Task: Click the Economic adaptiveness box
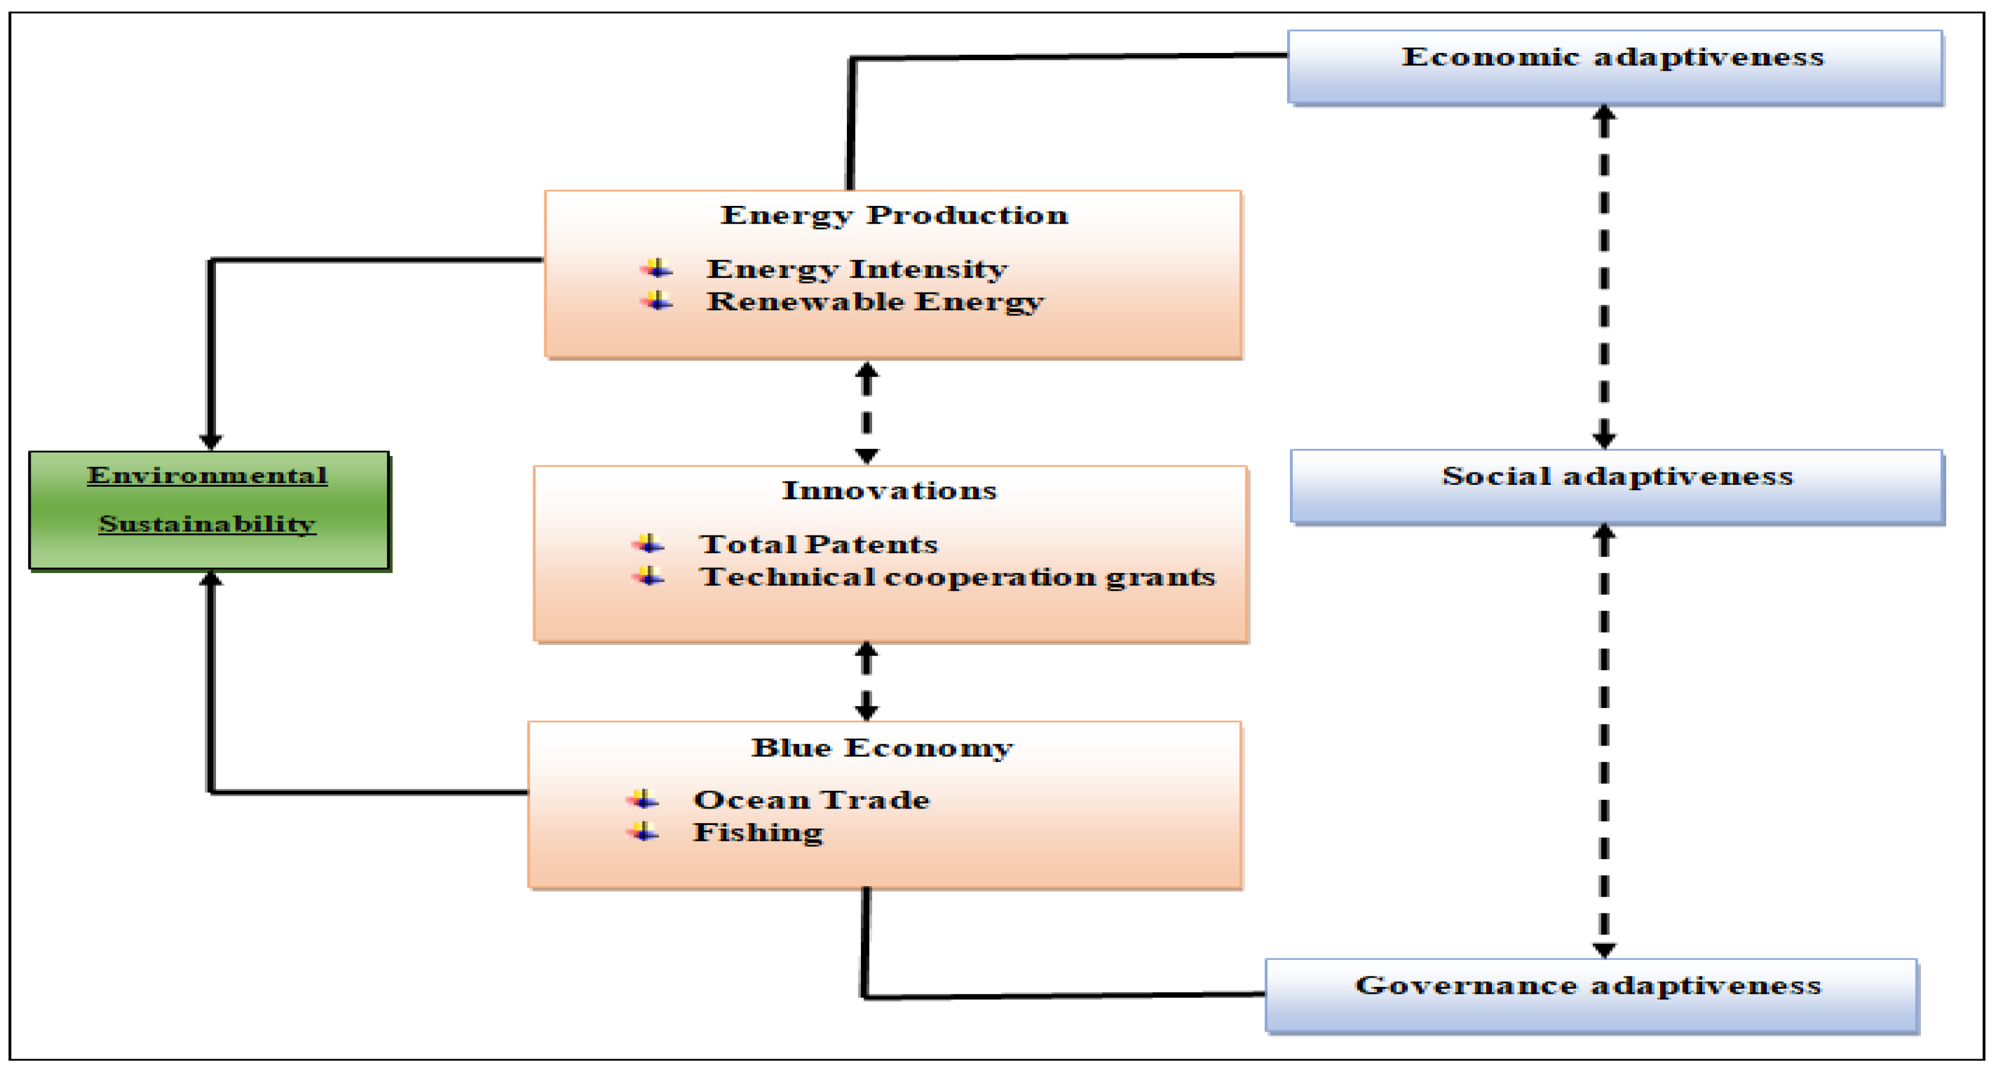pyautogui.click(x=1614, y=66)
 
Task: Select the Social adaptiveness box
pyautogui.click(x=1617, y=486)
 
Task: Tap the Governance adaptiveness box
pyautogui.click(x=1591, y=995)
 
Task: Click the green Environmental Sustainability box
pyautogui.click(x=209, y=510)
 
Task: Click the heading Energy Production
pyautogui.click(x=895, y=215)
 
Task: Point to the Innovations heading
pyautogui.click(x=889, y=490)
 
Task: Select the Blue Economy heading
pyautogui.click(x=882, y=747)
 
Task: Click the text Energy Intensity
pyautogui.click(x=856, y=269)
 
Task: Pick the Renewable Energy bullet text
pyautogui.click(x=875, y=301)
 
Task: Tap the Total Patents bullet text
pyautogui.click(x=818, y=544)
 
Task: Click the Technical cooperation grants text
pyautogui.click(x=957, y=577)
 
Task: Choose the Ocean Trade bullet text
pyautogui.click(x=811, y=799)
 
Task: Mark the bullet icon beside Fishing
pyautogui.click(x=643, y=831)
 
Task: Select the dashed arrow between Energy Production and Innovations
pyautogui.click(x=867, y=413)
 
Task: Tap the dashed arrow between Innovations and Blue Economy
pyautogui.click(x=867, y=681)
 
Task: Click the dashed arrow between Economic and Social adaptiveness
pyautogui.click(x=1604, y=277)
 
